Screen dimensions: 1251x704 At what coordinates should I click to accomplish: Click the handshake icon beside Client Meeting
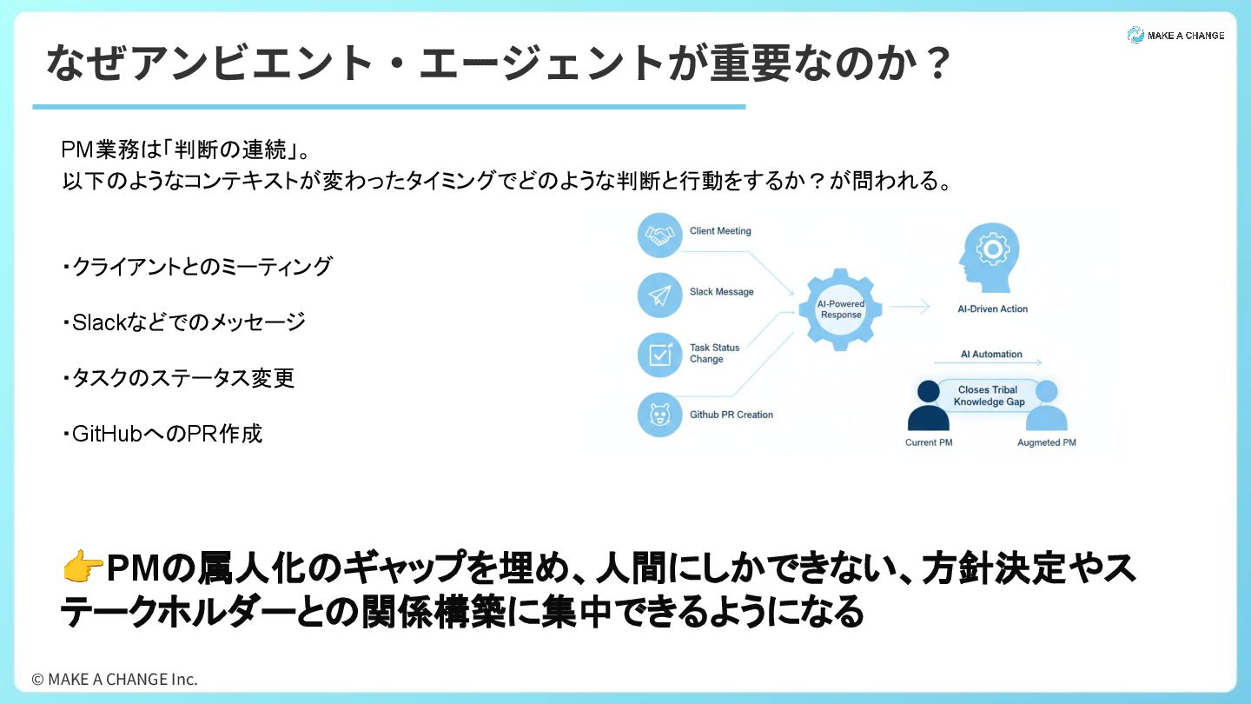[660, 235]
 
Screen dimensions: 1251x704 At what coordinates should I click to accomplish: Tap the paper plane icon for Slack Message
[660, 296]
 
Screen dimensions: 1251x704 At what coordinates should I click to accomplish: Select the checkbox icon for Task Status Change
[660, 355]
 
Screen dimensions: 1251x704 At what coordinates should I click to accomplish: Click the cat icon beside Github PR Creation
[660, 415]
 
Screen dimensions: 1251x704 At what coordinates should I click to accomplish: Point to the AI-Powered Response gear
[840, 309]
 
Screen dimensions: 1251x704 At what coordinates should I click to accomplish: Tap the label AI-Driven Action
[992, 309]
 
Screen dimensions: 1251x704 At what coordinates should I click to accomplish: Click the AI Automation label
[991, 355]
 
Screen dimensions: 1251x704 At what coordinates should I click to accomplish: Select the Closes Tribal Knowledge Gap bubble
[989, 396]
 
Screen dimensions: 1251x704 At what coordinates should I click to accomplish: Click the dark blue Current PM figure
[928, 407]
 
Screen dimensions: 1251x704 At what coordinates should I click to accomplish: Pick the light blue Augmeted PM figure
[1046, 407]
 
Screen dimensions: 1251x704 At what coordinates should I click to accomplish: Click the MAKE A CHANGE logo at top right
[1175, 36]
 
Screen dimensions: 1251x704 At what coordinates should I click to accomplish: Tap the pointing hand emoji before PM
[82, 570]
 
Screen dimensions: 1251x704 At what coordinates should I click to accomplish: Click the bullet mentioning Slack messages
[184, 322]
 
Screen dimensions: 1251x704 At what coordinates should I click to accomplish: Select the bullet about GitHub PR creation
[162, 433]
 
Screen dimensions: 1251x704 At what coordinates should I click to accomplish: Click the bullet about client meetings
[197, 267]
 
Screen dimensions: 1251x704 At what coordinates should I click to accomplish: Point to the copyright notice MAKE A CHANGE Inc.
[115, 679]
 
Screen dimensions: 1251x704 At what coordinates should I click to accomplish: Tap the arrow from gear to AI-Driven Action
[910, 306]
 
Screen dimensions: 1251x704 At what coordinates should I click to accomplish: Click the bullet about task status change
[179, 378]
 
